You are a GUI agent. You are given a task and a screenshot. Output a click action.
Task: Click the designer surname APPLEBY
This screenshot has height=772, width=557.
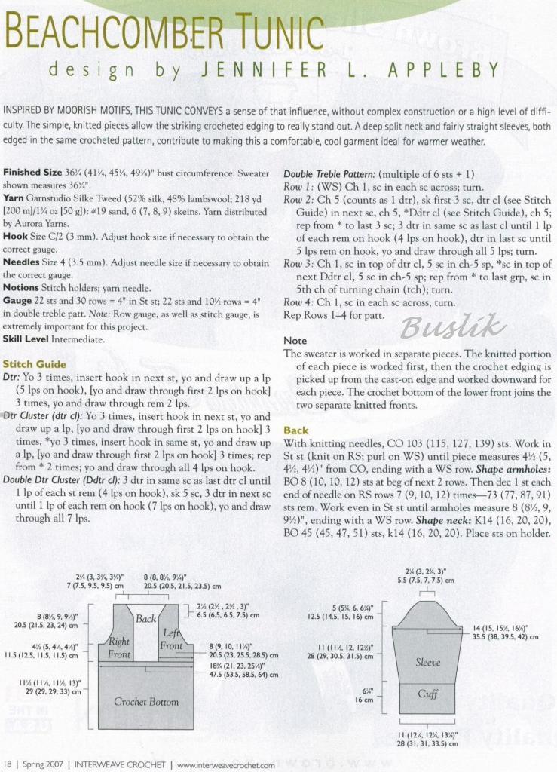coord(444,70)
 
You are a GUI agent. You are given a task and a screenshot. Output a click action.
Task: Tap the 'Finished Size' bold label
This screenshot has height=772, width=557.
coord(32,173)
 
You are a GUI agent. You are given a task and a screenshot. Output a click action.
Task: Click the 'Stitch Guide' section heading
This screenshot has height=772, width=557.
coord(29,364)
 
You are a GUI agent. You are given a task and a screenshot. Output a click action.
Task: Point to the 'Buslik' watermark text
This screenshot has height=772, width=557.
coord(452,326)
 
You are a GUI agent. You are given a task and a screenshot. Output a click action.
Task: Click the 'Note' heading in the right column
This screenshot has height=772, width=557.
coord(295,341)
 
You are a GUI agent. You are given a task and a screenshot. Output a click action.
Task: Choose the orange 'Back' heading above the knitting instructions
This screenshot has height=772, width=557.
coord(295,430)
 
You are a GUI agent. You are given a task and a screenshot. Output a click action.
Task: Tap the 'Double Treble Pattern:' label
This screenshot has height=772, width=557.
coord(329,174)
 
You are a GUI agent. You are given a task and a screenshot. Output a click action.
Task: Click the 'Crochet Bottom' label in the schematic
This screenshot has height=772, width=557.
coord(146,701)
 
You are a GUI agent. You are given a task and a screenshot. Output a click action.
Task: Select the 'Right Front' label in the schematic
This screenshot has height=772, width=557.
coord(119,648)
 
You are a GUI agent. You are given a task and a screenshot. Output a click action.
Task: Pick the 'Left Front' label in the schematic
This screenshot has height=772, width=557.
coord(172,639)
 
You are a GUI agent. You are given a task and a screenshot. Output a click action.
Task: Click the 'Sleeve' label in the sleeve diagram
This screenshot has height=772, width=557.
coord(427,663)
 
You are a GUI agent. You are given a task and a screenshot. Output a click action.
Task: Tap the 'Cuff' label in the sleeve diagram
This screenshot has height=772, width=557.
coord(427,694)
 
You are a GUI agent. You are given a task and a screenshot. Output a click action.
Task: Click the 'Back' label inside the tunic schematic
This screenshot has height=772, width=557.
coord(145,619)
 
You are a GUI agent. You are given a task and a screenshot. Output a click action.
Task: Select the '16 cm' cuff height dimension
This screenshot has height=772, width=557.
coord(364,700)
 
